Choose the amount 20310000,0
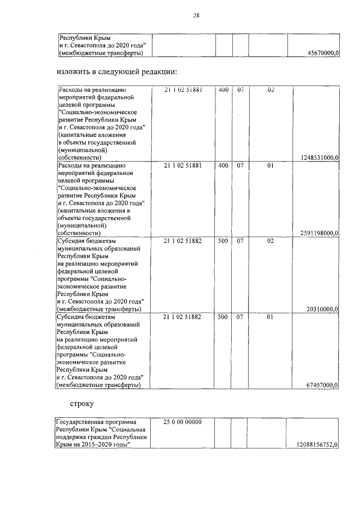322,309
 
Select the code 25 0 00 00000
183,421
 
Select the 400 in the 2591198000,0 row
223,165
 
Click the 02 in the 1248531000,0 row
270,89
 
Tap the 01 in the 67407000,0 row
270,317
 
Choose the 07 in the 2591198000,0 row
240,165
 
